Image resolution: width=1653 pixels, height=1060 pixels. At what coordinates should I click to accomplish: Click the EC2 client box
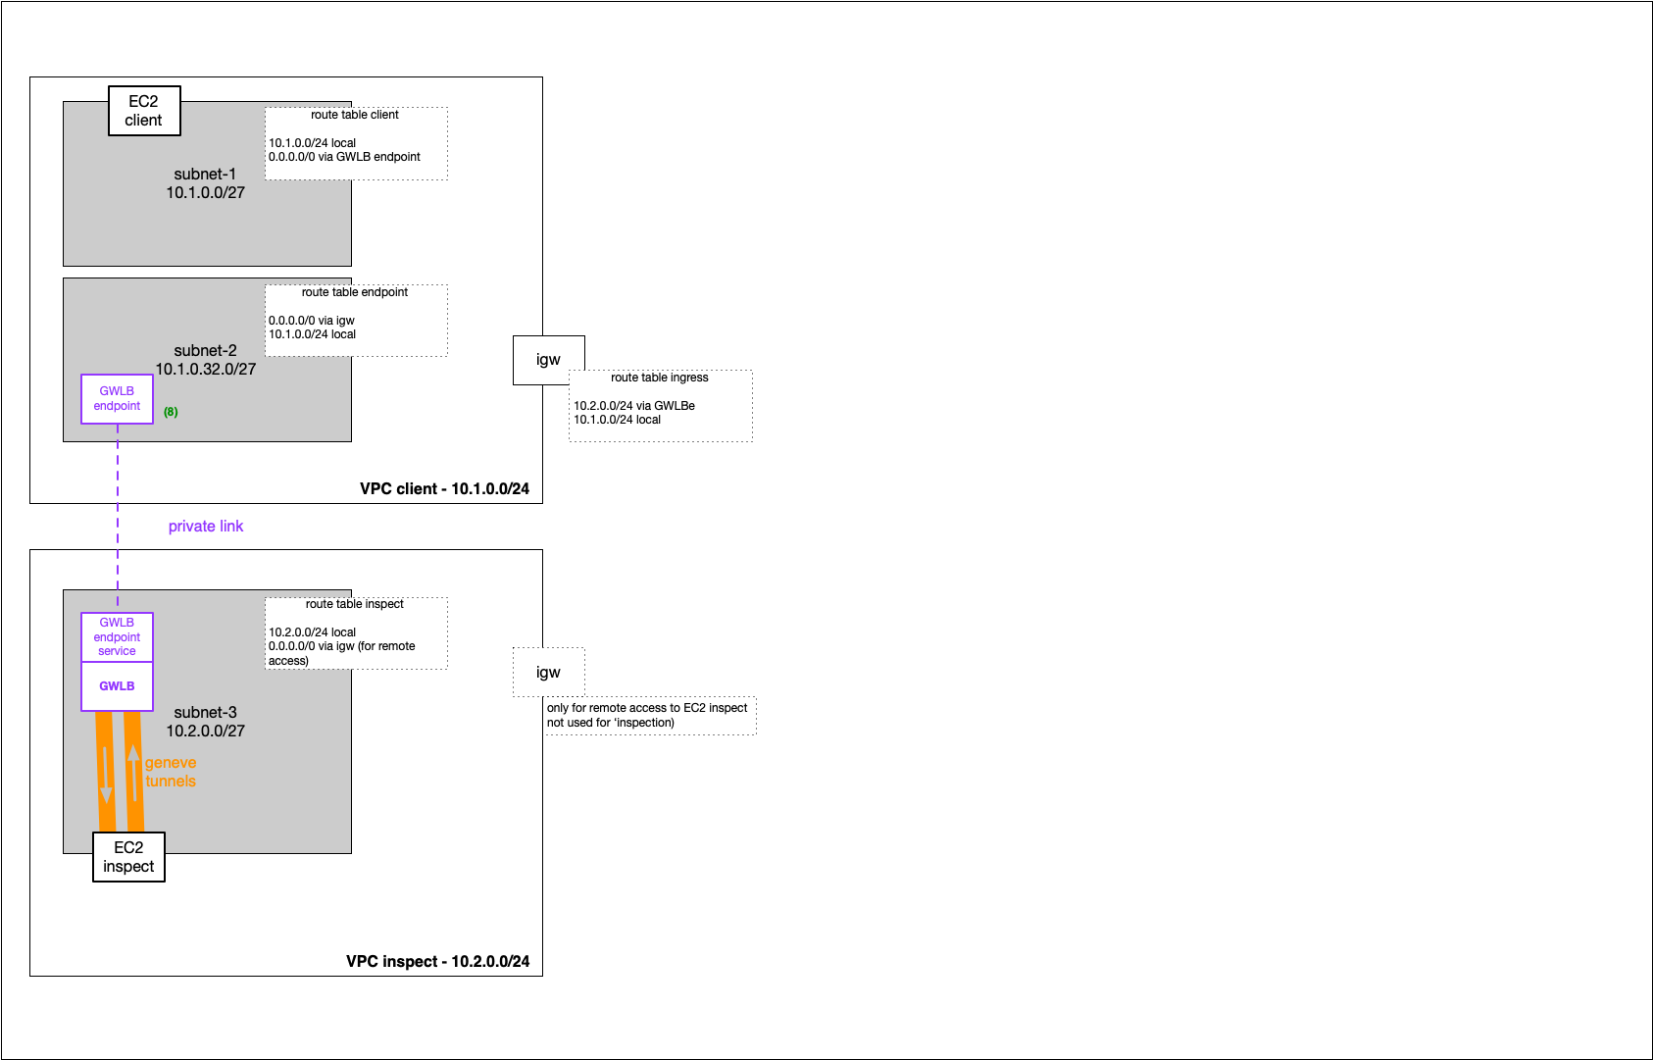coord(144,111)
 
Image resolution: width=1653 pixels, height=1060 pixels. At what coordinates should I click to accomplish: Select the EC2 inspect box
coord(128,857)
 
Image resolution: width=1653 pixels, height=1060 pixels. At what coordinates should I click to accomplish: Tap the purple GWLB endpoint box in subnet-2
coord(117,399)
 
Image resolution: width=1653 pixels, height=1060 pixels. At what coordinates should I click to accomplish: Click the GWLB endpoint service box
coord(117,637)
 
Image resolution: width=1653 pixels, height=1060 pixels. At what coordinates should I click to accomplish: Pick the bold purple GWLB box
coord(117,686)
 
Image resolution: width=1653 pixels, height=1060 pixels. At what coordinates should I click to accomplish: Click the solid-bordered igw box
coord(548,360)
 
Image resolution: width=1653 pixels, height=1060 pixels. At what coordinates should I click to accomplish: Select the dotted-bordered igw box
coord(548,673)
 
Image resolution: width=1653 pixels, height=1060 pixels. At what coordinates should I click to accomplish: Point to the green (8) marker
coord(171,412)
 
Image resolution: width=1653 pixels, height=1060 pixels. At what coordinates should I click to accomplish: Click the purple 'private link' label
coord(206,527)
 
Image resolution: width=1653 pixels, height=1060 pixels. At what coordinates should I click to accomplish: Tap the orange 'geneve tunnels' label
coord(171,772)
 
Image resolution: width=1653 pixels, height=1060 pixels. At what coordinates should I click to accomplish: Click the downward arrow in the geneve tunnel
coord(106,775)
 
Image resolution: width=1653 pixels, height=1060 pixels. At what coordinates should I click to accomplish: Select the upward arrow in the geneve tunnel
coord(133,773)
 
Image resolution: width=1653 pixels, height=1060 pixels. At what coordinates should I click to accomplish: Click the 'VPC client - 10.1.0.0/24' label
coord(444,488)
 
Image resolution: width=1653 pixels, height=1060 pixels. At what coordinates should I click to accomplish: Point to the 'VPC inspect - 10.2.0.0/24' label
coord(437,961)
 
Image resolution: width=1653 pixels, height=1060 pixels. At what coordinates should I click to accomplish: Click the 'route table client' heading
coord(354,115)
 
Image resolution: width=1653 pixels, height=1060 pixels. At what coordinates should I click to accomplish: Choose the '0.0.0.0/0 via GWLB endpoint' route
coord(344,157)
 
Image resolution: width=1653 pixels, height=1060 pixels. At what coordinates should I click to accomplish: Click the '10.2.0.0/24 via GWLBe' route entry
coord(634,405)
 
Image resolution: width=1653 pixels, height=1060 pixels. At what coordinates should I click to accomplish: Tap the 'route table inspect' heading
coord(354,604)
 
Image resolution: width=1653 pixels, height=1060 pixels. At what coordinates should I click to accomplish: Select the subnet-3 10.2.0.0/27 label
coord(205,721)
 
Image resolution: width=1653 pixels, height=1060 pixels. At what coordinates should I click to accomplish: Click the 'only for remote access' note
coord(647,715)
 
